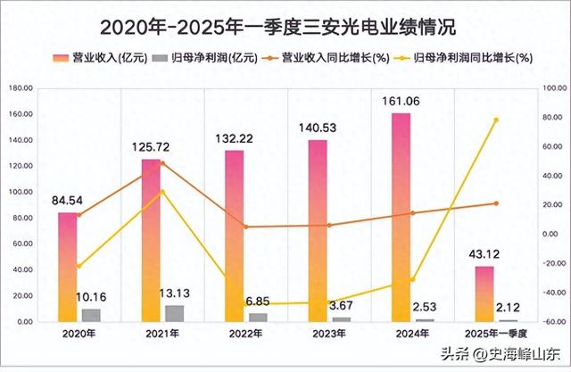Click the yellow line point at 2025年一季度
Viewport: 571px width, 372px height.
click(497, 120)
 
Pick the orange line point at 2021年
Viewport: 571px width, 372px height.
click(162, 163)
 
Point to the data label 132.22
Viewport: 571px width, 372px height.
click(235, 139)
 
